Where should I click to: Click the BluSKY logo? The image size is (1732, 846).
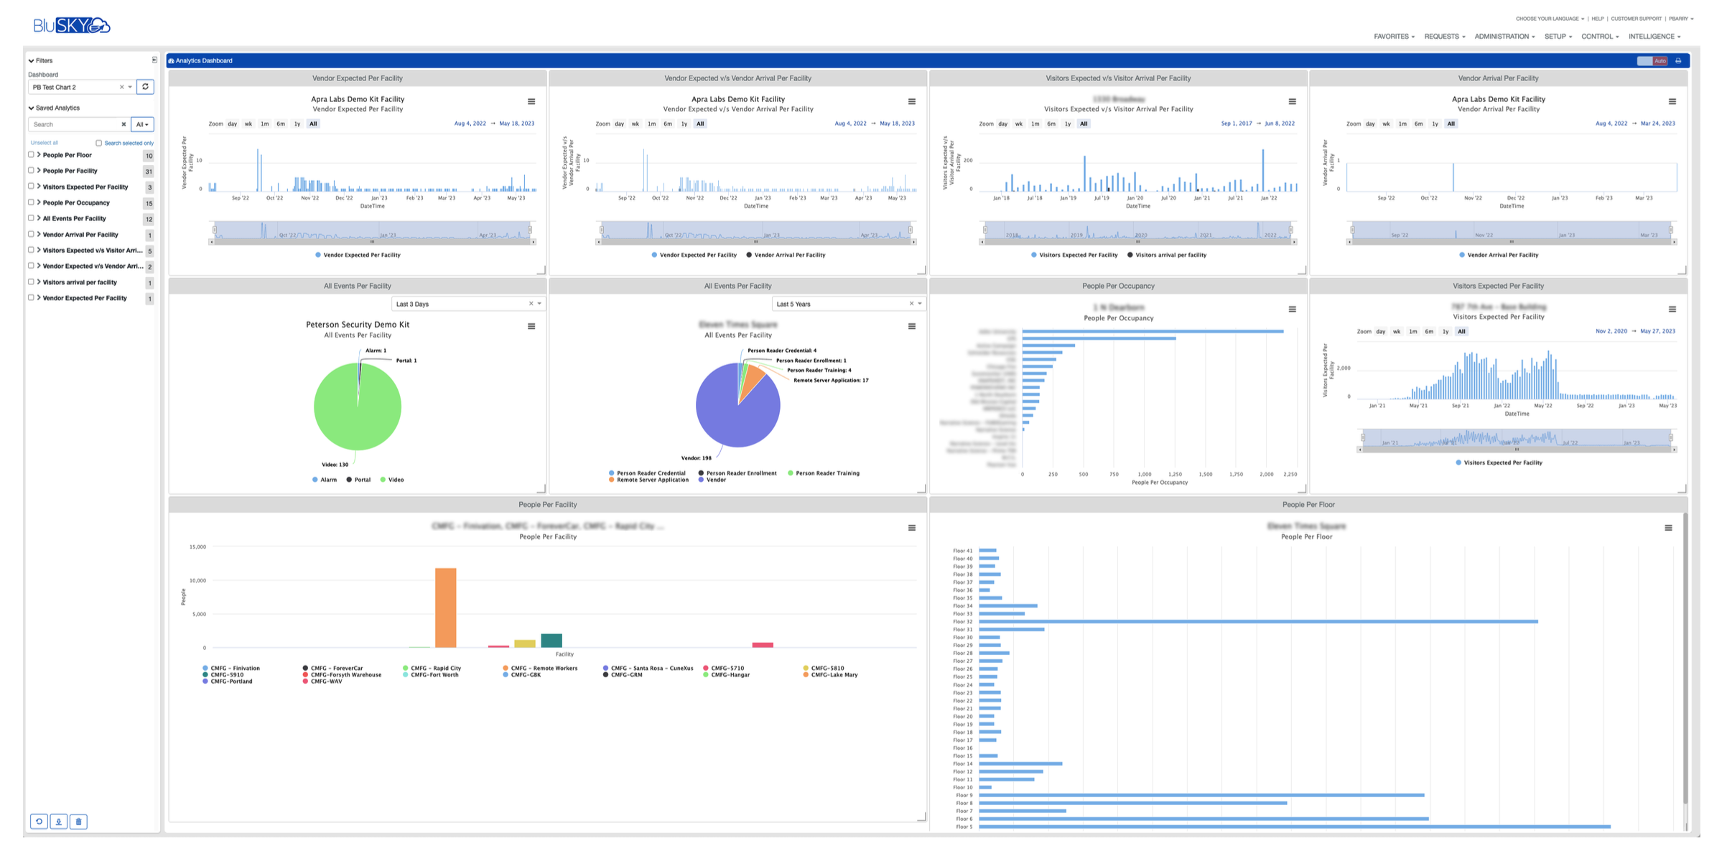pyautogui.click(x=71, y=26)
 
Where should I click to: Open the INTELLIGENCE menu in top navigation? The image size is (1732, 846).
pyautogui.click(x=1654, y=37)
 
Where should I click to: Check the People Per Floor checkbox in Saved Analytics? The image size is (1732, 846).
pyautogui.click(x=31, y=154)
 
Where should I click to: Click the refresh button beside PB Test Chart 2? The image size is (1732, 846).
pyautogui.click(x=145, y=87)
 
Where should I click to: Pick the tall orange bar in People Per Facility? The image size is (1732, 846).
pyautogui.click(x=445, y=607)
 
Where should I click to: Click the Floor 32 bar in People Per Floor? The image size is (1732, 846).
pyautogui.click(x=1257, y=621)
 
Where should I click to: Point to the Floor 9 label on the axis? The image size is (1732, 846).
pyautogui.click(x=964, y=795)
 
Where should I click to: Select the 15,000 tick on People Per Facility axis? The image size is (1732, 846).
pyautogui.click(x=197, y=547)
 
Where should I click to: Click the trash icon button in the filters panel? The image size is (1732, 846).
pyautogui.click(x=79, y=821)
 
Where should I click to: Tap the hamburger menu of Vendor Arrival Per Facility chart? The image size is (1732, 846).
pyautogui.click(x=1672, y=101)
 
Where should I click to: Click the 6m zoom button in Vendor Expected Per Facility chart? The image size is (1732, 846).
pyautogui.click(x=281, y=124)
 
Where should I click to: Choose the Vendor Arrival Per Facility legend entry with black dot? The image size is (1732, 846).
pyautogui.click(x=786, y=255)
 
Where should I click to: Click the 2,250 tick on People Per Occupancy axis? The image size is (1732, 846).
pyautogui.click(x=1290, y=475)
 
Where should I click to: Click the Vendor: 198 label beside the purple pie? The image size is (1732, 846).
pyautogui.click(x=696, y=457)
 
